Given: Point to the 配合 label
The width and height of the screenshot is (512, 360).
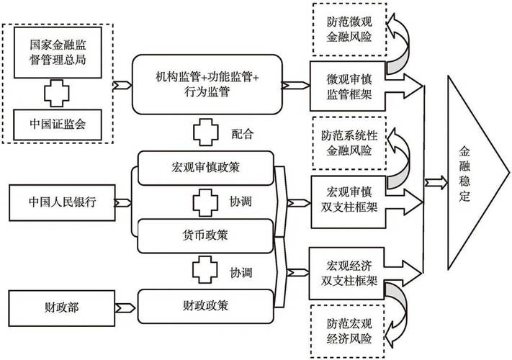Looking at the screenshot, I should coord(243,133).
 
